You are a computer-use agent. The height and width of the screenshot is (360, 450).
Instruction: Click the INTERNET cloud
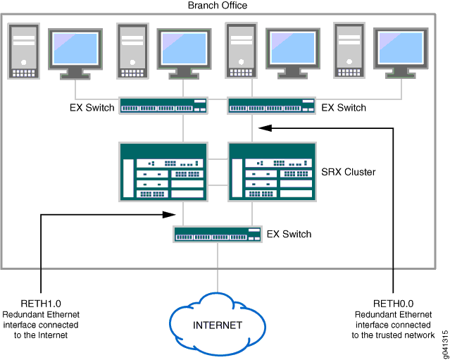217,325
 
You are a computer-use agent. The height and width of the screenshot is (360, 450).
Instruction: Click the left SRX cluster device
163,172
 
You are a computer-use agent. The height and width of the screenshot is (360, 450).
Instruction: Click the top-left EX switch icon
163,106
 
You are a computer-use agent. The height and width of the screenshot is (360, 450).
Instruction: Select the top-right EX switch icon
272,106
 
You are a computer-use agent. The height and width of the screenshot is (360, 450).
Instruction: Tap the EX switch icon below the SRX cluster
217,234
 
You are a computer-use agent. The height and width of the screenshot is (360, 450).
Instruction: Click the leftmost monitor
77,53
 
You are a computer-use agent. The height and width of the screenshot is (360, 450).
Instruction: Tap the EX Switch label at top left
92,108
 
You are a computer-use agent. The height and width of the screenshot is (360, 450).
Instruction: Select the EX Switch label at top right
344,108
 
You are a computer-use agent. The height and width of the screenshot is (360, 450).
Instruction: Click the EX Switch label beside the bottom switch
289,234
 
